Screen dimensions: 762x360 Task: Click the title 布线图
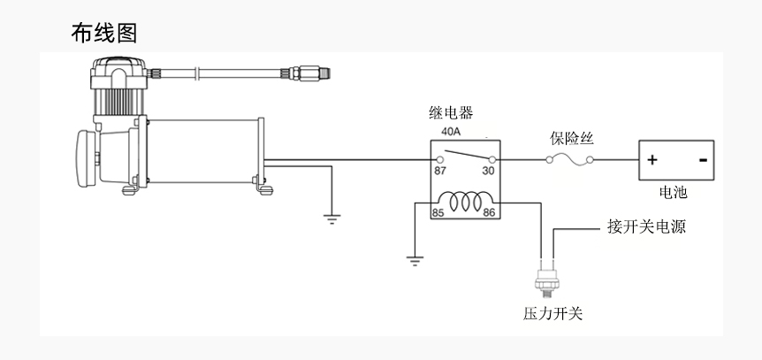(x=104, y=33)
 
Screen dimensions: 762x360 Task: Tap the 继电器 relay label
(x=451, y=113)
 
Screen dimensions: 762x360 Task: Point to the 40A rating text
(x=451, y=131)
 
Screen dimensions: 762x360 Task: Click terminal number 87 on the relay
(x=440, y=171)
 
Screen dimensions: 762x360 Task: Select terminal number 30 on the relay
(x=488, y=171)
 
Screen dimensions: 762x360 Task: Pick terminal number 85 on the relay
(x=438, y=212)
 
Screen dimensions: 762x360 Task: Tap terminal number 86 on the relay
(x=489, y=212)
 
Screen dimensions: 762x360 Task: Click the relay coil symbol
(x=466, y=202)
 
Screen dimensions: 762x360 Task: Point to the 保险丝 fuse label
(x=572, y=138)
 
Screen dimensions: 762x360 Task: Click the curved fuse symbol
(x=569, y=159)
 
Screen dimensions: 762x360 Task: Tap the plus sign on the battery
(x=652, y=160)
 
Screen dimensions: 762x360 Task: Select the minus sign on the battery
(x=703, y=159)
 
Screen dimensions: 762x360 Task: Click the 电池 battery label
(x=673, y=192)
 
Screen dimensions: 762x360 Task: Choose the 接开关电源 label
(x=646, y=226)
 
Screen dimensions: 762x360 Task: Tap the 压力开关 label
(x=553, y=313)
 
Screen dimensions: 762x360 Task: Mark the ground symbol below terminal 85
(x=415, y=261)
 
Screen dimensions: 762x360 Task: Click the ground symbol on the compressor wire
(x=331, y=218)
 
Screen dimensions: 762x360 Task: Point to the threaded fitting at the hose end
(x=310, y=73)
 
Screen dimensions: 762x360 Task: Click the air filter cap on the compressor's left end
(x=86, y=158)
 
